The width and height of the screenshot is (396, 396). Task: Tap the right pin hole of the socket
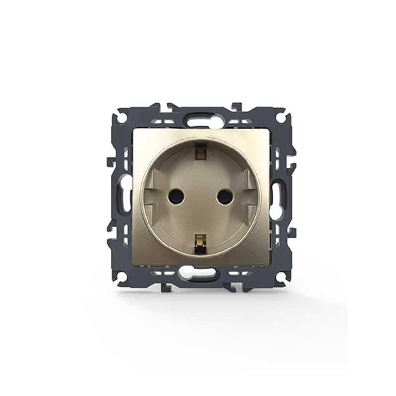coord(224,197)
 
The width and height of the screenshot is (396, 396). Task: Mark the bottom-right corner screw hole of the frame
coord(280,277)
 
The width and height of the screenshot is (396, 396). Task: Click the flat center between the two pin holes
coord(199,197)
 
